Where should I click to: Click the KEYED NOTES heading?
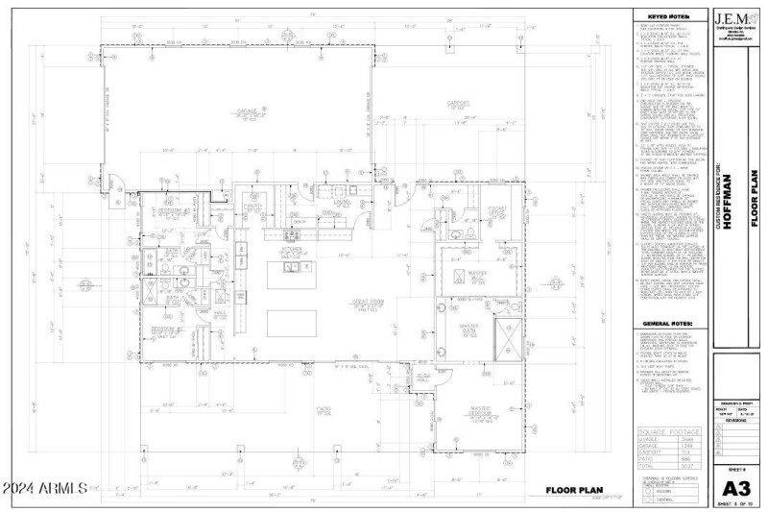[x=669, y=16]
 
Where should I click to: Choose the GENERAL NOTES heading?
[x=669, y=324]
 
